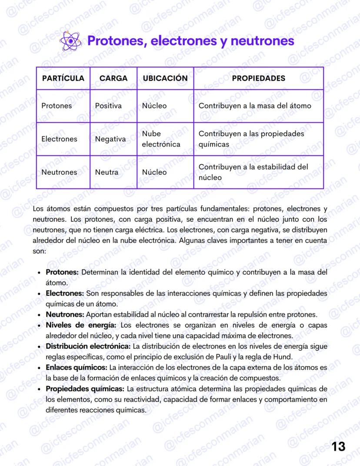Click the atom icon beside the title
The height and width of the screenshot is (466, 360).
[70, 41]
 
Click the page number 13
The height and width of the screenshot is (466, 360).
[338, 446]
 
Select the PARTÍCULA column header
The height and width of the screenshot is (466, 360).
[63, 78]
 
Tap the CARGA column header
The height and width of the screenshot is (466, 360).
[113, 78]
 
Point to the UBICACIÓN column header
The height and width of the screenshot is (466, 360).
[165, 78]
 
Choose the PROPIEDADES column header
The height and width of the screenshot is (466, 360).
[258, 78]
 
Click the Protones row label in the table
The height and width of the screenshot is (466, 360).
[57, 106]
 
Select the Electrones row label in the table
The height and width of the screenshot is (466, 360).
[59, 139]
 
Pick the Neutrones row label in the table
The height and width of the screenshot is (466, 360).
[59, 172]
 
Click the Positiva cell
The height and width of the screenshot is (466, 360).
[108, 106]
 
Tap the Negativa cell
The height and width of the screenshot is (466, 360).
[110, 139]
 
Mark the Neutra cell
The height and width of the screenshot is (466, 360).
[107, 172]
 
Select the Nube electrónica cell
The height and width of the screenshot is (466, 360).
[160, 139]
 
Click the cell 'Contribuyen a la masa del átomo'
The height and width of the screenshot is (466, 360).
[255, 106]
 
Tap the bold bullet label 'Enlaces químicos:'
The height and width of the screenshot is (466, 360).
[77, 367]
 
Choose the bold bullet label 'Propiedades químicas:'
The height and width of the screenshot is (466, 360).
[85, 388]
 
